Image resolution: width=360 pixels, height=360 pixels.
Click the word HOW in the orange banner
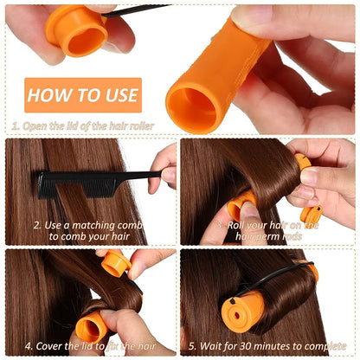pos(52,95)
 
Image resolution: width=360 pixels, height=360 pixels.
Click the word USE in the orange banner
pos(115,95)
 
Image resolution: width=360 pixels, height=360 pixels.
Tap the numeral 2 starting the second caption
pos(36,224)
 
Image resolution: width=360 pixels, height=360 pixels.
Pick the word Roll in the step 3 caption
pos(239,224)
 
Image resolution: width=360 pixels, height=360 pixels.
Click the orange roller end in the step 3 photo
pos(241,206)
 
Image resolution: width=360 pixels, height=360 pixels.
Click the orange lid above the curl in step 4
pos(115,263)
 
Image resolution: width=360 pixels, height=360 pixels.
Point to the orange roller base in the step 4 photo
pos(92,327)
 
